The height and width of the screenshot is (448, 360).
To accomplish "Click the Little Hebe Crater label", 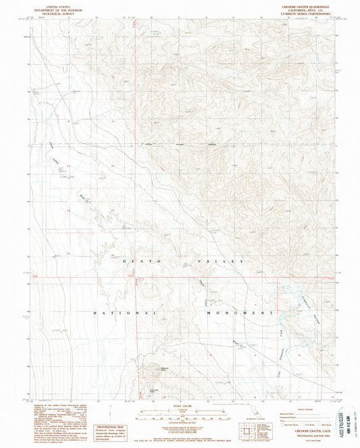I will [154, 389].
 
